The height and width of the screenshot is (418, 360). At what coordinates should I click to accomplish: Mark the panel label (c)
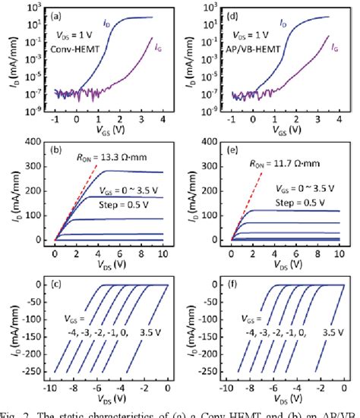64,291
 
